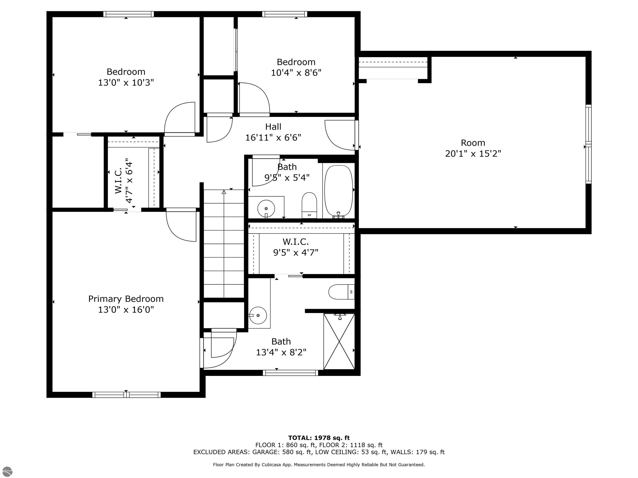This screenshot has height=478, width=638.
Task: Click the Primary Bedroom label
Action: point(126,299)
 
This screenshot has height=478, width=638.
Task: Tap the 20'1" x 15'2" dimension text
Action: point(473,154)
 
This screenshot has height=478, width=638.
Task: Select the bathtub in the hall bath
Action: point(339,191)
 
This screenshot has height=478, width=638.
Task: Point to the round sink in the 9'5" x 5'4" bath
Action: point(266,208)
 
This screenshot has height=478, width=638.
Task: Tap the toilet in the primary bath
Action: point(341,292)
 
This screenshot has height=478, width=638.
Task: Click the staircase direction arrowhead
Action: point(224,192)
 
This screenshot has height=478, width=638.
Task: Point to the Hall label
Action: point(273,127)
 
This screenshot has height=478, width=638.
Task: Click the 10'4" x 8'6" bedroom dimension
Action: point(296,73)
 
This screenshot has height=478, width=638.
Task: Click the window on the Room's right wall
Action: point(588,144)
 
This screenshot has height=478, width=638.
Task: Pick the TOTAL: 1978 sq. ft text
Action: point(319,438)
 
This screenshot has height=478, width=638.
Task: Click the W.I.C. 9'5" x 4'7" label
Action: point(296,247)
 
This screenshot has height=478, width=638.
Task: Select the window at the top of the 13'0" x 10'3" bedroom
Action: point(128,14)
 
